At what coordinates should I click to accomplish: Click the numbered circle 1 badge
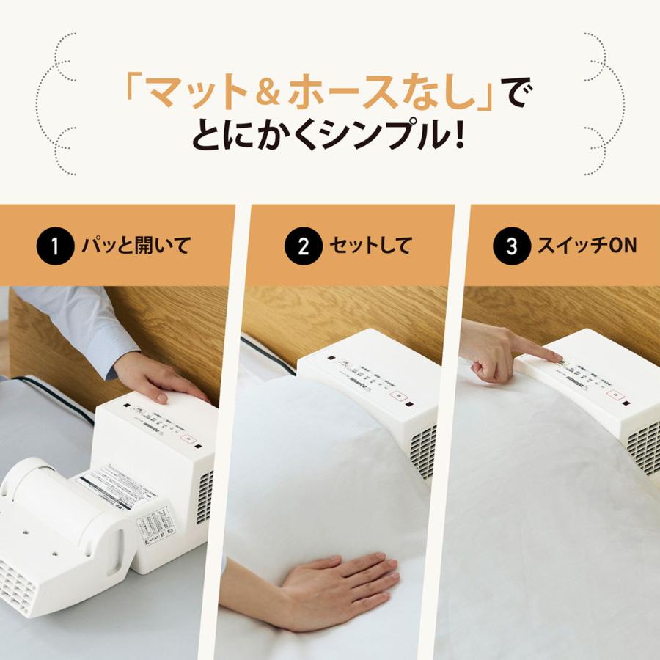coord(54,245)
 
